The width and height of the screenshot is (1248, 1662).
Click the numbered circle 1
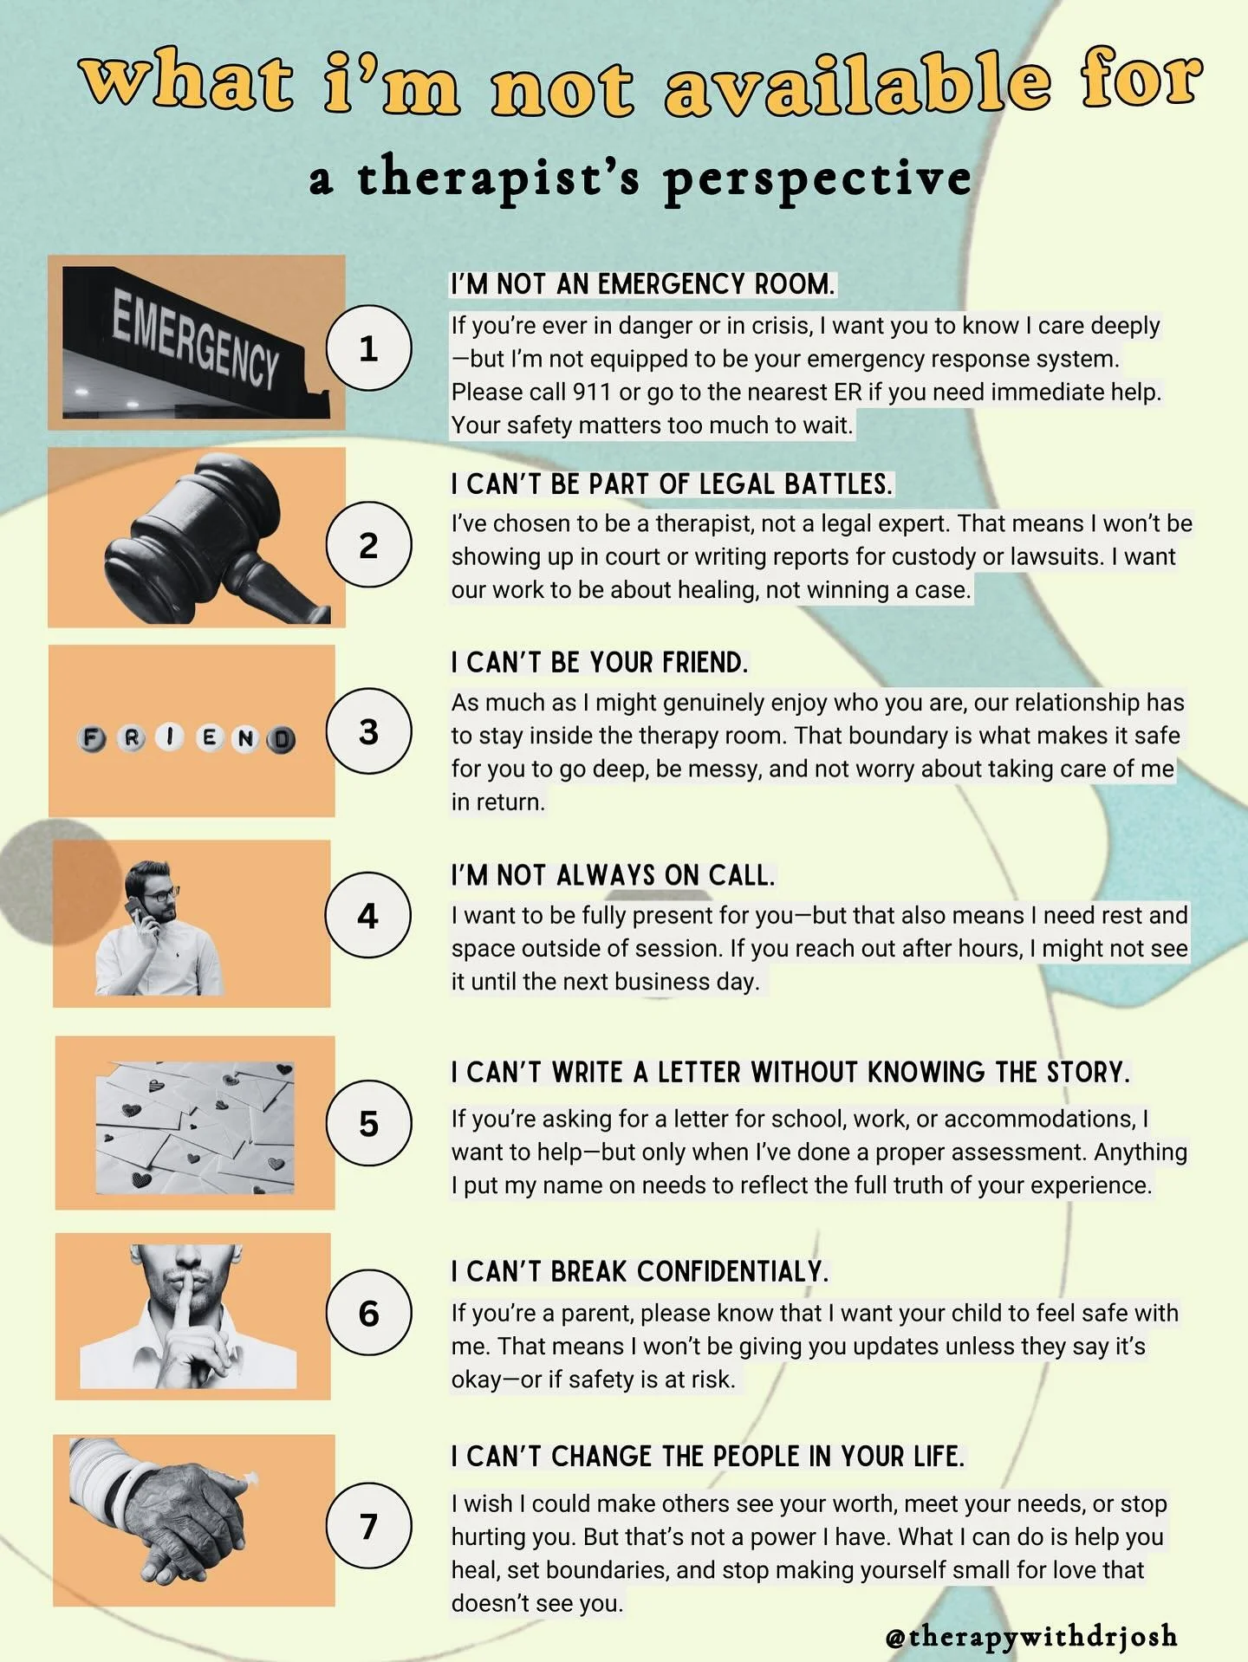(x=368, y=347)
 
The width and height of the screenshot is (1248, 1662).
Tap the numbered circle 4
(x=367, y=915)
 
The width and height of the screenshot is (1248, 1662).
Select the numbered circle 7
(x=368, y=1525)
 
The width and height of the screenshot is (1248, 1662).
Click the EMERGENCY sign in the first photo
(x=195, y=339)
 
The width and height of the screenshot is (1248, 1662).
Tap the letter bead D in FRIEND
(x=281, y=740)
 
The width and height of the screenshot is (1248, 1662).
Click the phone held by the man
(x=135, y=913)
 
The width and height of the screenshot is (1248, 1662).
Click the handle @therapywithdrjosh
(x=1031, y=1636)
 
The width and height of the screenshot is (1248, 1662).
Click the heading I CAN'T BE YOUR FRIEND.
(x=598, y=663)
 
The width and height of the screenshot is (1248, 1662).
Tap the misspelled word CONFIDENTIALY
(x=732, y=1271)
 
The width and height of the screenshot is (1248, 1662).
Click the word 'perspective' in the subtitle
(x=816, y=179)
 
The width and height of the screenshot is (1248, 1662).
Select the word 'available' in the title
(x=858, y=88)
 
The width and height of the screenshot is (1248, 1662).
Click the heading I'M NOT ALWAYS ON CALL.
(x=612, y=875)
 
